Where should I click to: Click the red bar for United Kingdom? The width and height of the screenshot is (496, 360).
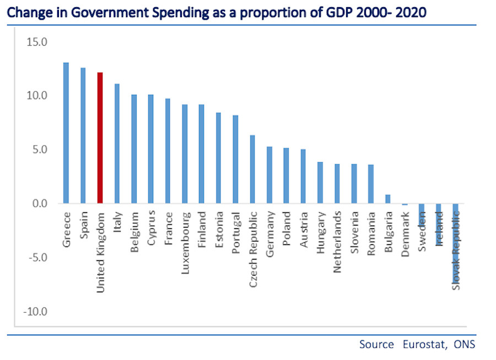[100, 138]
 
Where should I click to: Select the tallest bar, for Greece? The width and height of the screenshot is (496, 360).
[66, 133]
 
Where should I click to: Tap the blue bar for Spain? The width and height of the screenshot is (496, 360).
[83, 136]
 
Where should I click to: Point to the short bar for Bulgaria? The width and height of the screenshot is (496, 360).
[388, 199]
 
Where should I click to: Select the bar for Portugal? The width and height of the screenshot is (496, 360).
[235, 159]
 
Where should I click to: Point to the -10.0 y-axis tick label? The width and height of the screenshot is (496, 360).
[35, 312]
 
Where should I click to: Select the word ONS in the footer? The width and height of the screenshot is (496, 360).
[465, 345]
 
